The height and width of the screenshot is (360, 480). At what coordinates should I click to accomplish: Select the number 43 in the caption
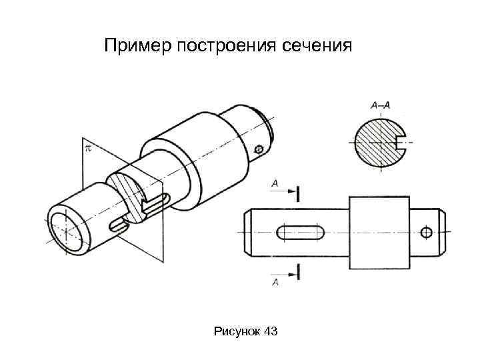coord(271,331)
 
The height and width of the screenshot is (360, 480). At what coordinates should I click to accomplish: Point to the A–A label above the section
coord(380,105)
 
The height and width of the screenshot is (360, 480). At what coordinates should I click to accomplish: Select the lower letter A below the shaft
coord(275,283)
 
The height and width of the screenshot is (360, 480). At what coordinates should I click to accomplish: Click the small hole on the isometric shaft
coord(259,150)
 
